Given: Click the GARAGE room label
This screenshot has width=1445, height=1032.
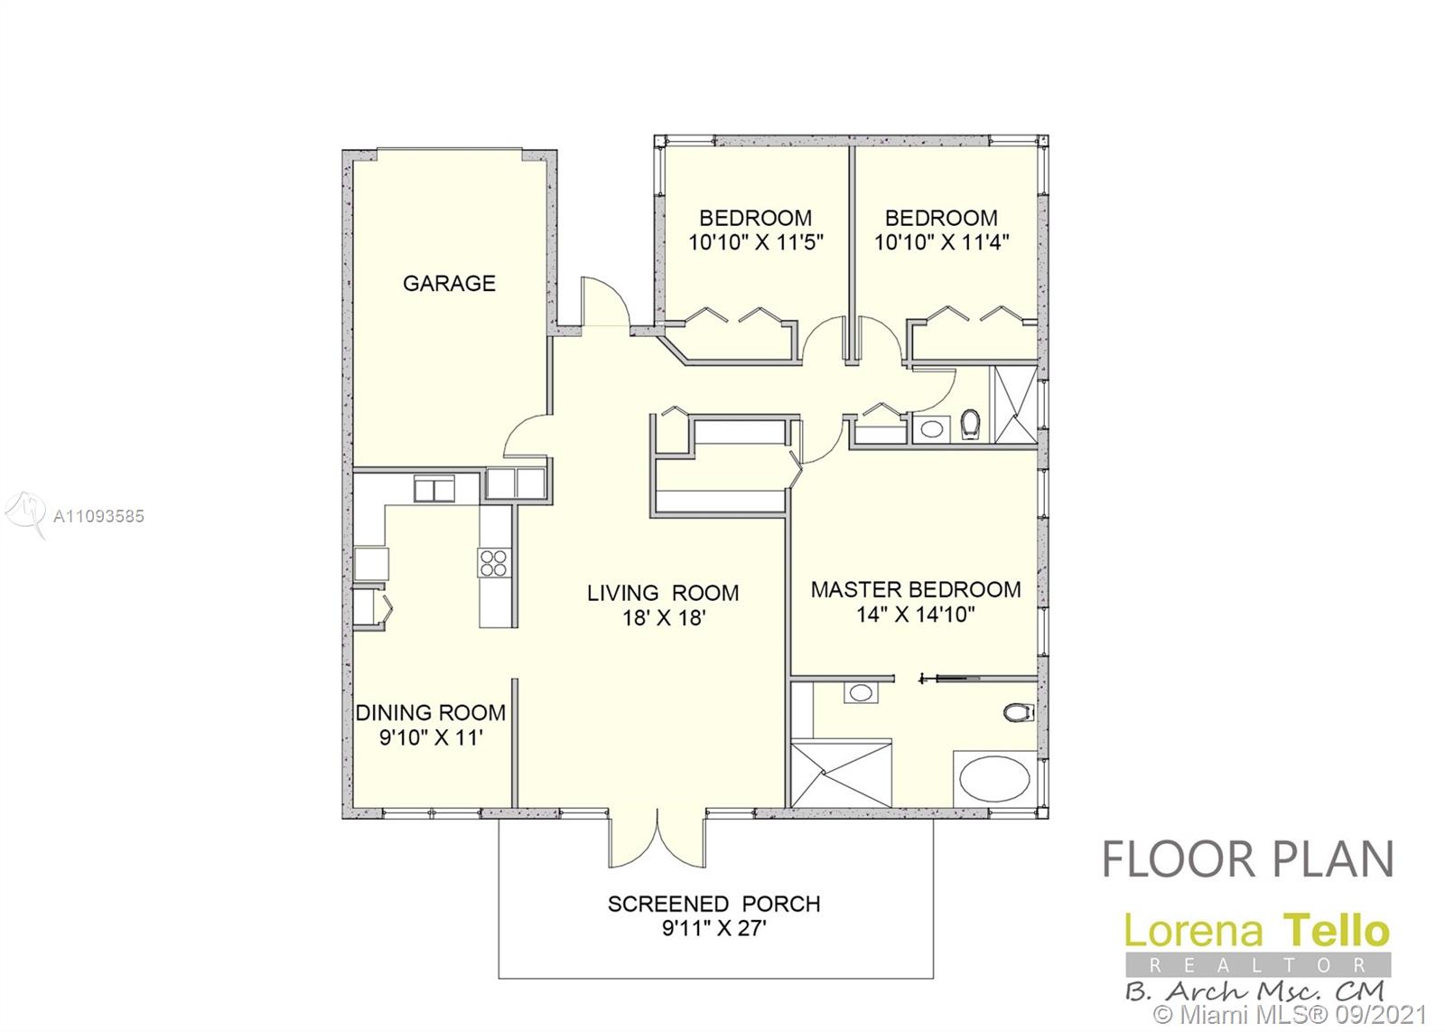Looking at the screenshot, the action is pos(449,284).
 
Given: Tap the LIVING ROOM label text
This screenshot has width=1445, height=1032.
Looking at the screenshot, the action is pos(663,593).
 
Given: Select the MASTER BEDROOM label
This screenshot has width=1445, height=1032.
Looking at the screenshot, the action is pos(916,589).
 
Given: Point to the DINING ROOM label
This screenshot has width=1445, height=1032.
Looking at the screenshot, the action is pos(430,712).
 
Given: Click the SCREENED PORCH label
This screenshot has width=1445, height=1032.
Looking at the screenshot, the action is pos(713,905).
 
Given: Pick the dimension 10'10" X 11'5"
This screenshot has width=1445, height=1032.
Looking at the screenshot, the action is pos(756,243).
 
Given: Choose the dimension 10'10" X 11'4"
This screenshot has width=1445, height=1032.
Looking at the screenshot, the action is pos(941,243).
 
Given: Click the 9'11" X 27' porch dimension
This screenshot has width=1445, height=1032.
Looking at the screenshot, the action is pos(713,929).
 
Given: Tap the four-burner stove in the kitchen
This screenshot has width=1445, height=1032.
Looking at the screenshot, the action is pos(493,562).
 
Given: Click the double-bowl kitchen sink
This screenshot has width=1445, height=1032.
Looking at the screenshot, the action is pos(434,489).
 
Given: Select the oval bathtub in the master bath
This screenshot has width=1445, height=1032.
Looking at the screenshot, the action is pos(994,778).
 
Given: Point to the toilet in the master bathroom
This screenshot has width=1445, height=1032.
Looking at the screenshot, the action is pos(1017,713).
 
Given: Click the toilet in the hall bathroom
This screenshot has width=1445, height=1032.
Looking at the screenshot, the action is pos(970,425).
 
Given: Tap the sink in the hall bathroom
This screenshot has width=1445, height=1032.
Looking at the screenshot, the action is pos(931,429).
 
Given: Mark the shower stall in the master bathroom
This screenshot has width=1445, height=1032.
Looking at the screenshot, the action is pos(841,774).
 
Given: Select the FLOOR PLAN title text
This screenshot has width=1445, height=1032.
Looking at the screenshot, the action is pos(1247,859).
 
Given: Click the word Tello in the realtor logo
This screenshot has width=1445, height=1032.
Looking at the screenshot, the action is pos(1337,932).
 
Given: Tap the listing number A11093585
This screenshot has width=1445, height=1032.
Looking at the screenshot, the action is pos(98,516).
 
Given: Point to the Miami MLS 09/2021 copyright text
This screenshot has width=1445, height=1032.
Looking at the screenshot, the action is pos(1290,1015).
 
